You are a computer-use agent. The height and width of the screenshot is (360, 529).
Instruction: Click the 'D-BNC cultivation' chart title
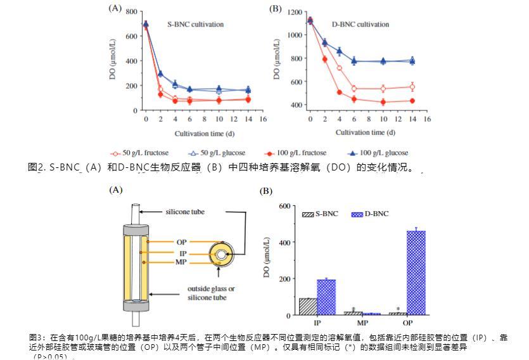point(360,25)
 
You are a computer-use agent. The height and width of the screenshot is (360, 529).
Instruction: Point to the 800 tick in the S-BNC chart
point(131,12)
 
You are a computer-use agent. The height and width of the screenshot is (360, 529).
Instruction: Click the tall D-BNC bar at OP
point(416,273)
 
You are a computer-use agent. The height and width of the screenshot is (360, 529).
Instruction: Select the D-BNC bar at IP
point(326,297)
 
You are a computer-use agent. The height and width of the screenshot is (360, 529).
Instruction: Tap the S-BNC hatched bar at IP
point(308,306)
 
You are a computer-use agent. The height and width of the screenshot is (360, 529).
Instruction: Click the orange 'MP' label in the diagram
point(181,262)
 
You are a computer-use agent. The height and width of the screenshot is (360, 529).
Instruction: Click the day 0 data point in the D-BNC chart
point(310,20)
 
